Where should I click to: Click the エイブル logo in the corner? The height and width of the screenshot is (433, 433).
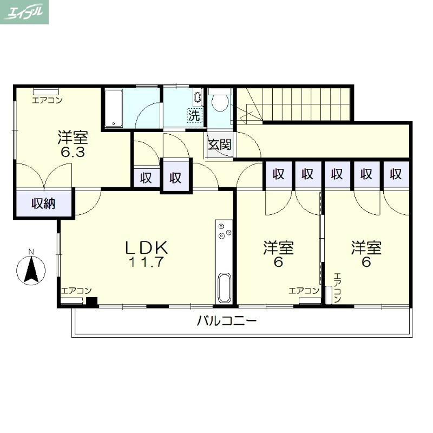coord(24,12)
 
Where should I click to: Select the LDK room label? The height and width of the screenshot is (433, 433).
coord(146,248)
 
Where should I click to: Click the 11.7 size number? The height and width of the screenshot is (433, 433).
coord(146,262)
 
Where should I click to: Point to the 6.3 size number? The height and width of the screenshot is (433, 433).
coord(73,152)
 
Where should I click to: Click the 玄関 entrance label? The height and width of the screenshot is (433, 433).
coord(220,145)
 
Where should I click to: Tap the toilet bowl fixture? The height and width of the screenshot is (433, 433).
coord(220,101)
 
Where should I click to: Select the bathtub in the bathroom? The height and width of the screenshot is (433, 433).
coord(114,108)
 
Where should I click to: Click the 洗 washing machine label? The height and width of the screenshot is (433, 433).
coord(195,115)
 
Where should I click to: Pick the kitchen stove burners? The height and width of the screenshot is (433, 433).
coord(224,231)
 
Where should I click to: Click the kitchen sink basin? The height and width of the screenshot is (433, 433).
coord(224,288)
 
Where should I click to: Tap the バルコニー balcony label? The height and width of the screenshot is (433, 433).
coord(227,321)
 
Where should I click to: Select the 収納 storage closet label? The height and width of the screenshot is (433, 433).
coord(44,204)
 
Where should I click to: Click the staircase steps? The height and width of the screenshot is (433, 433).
coord(293,104)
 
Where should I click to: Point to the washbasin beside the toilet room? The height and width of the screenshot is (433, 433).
coord(198,97)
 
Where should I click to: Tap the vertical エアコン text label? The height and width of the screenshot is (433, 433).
coord(337,288)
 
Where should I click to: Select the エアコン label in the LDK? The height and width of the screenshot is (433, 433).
coord(76,291)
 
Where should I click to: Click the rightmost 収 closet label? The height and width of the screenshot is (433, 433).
coord(396,174)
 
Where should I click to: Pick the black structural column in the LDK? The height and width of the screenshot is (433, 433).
coord(92,301)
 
